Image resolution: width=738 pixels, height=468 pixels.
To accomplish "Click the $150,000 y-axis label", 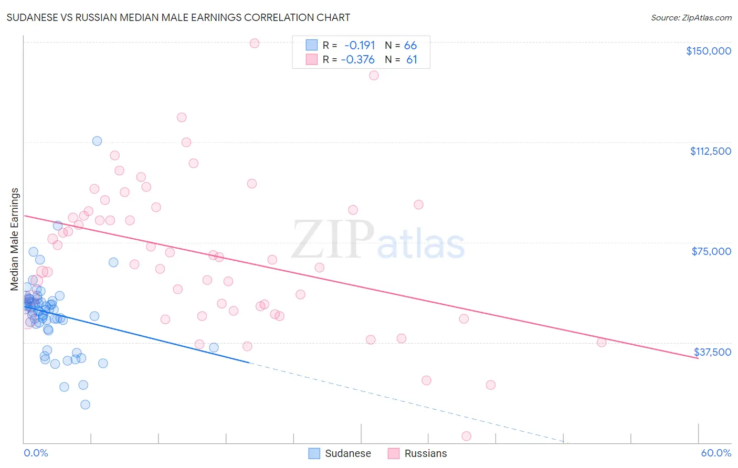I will [x=708, y=51].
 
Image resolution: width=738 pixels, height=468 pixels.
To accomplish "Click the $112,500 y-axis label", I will [x=710, y=151].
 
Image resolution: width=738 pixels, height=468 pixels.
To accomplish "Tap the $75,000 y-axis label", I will [x=711, y=251].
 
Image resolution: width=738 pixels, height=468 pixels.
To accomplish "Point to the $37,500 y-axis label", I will [x=712, y=352].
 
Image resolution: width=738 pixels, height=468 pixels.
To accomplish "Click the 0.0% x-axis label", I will [x=36, y=453].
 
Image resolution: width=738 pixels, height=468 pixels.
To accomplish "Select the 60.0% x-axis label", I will [x=715, y=453].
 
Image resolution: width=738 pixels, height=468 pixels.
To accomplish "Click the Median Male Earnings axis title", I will [x=15, y=239].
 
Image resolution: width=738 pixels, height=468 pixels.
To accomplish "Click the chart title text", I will [x=178, y=17].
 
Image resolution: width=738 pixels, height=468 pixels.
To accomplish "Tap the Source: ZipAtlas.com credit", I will [x=691, y=17].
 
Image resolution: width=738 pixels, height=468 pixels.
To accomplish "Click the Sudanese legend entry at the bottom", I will [x=347, y=453].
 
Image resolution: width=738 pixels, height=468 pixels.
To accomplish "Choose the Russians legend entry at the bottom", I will [x=425, y=453].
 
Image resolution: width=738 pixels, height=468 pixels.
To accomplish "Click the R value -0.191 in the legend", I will [x=360, y=45].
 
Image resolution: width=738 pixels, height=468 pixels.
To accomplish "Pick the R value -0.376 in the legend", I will [x=358, y=59].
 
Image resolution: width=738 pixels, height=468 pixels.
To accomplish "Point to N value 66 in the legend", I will [x=410, y=45].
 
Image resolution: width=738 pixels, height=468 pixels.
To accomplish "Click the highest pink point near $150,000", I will [x=255, y=43].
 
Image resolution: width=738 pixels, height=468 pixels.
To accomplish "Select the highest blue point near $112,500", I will [x=97, y=141].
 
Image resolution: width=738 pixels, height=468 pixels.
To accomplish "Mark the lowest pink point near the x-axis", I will [x=466, y=436].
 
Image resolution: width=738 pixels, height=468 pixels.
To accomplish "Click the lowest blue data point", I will [x=85, y=405].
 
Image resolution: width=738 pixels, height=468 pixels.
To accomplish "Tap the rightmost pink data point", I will [x=602, y=342].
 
